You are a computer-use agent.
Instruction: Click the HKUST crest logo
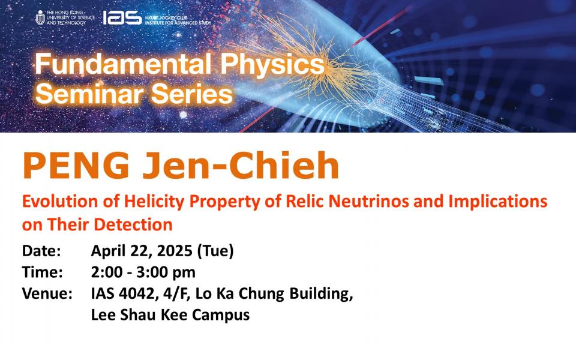coord(40,17)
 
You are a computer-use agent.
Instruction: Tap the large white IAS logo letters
coord(122,17)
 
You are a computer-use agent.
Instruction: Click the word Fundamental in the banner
coord(123,64)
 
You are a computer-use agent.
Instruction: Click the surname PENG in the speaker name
coord(76,166)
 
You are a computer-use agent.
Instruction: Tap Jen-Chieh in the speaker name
coord(241,166)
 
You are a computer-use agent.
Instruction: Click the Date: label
coord(41,251)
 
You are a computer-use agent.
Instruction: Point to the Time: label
coord(43,272)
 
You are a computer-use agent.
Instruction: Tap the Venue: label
coord(47,293)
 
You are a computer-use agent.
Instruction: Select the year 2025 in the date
coord(175,251)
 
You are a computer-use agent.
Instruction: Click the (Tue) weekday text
coord(215,251)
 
